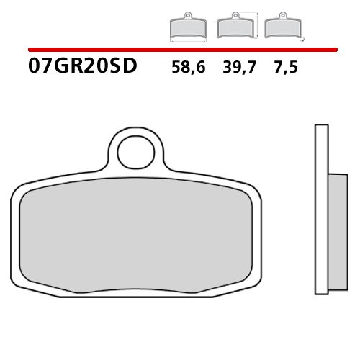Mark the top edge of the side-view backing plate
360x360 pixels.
[x=320, y=126]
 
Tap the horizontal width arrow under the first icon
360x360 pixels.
[x=187, y=42]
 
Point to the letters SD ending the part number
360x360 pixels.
[x=123, y=68]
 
